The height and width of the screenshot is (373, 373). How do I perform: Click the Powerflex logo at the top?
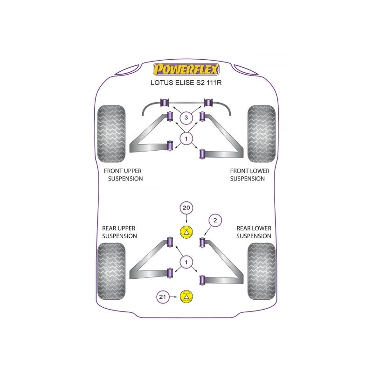click(x=186, y=70)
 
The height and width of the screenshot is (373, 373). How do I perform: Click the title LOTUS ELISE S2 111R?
click(x=186, y=84)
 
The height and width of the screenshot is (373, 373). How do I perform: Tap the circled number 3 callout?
click(x=186, y=117)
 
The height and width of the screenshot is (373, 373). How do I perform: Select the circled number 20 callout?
click(x=186, y=208)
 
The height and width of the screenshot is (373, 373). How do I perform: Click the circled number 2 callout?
click(x=215, y=221)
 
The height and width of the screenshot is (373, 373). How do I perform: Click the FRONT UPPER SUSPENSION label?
click(x=123, y=175)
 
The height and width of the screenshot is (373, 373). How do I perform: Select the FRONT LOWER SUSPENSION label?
click(x=249, y=175)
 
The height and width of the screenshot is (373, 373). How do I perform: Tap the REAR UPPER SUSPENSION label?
click(x=119, y=232)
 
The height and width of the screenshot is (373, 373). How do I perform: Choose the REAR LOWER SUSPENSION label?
click(x=254, y=232)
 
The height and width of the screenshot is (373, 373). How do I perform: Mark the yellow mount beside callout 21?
click(x=186, y=296)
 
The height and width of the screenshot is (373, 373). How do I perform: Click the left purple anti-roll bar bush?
click(x=164, y=102)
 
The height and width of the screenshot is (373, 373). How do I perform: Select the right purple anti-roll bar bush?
click(x=208, y=102)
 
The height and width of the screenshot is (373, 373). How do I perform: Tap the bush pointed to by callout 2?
click(x=202, y=242)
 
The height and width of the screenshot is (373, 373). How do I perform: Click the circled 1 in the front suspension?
click(x=186, y=138)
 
